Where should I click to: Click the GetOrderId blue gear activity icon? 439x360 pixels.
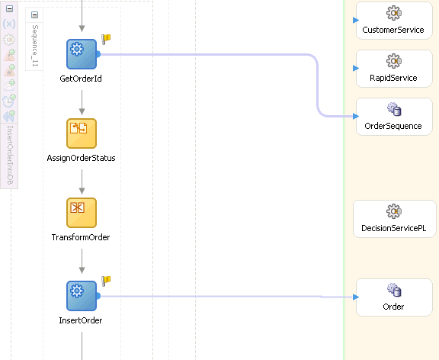[x=81, y=53]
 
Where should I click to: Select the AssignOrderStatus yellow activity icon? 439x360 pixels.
[x=81, y=133]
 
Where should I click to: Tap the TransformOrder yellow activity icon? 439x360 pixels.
[x=81, y=213]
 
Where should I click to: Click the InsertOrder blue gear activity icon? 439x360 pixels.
[x=81, y=296]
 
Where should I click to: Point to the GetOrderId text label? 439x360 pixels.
[x=81, y=79]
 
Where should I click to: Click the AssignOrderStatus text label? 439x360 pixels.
[x=81, y=158]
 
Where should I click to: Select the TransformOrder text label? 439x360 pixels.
[x=81, y=237]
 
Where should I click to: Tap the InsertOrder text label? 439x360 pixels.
[x=81, y=320]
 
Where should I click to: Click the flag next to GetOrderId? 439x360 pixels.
[x=107, y=39]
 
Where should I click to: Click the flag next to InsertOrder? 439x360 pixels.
[x=107, y=281]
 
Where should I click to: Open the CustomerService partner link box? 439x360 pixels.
[x=393, y=21]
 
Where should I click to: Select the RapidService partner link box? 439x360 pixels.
[x=393, y=69]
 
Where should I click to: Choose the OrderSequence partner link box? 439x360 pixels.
[x=393, y=117]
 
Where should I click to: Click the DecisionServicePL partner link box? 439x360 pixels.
[x=393, y=219]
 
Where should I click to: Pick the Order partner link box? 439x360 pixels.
[x=393, y=297]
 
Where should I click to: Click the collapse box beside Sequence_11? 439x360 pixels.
[x=35, y=15]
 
